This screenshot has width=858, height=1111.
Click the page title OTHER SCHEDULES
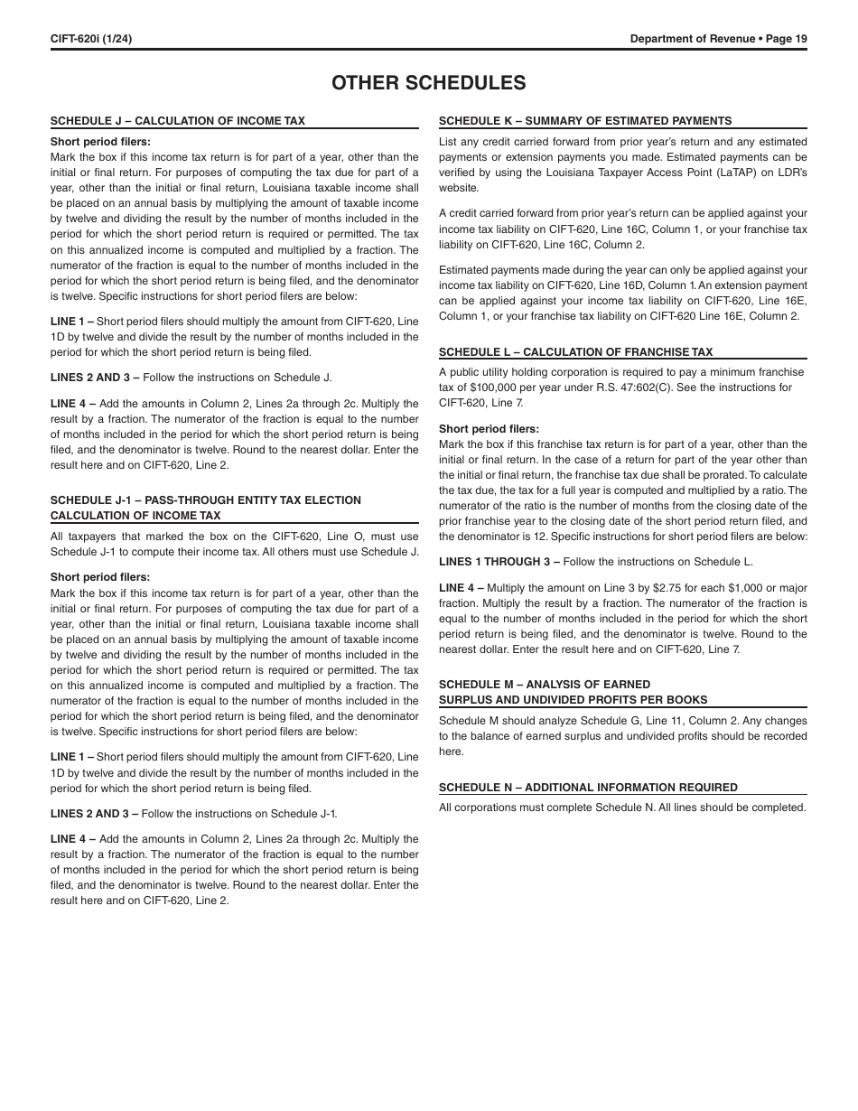pos(428,82)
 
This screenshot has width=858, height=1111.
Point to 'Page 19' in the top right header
pos(786,38)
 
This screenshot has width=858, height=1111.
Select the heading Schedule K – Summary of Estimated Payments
pos(585,121)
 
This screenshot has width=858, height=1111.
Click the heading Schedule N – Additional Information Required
pos(588,788)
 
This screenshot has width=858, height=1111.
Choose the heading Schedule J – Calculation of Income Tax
pos(178,121)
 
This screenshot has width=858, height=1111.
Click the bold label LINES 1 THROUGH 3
pos(494,562)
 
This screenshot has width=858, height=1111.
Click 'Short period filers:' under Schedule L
pos(489,429)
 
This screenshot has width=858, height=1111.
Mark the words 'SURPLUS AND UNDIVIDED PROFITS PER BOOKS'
pos(573,700)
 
